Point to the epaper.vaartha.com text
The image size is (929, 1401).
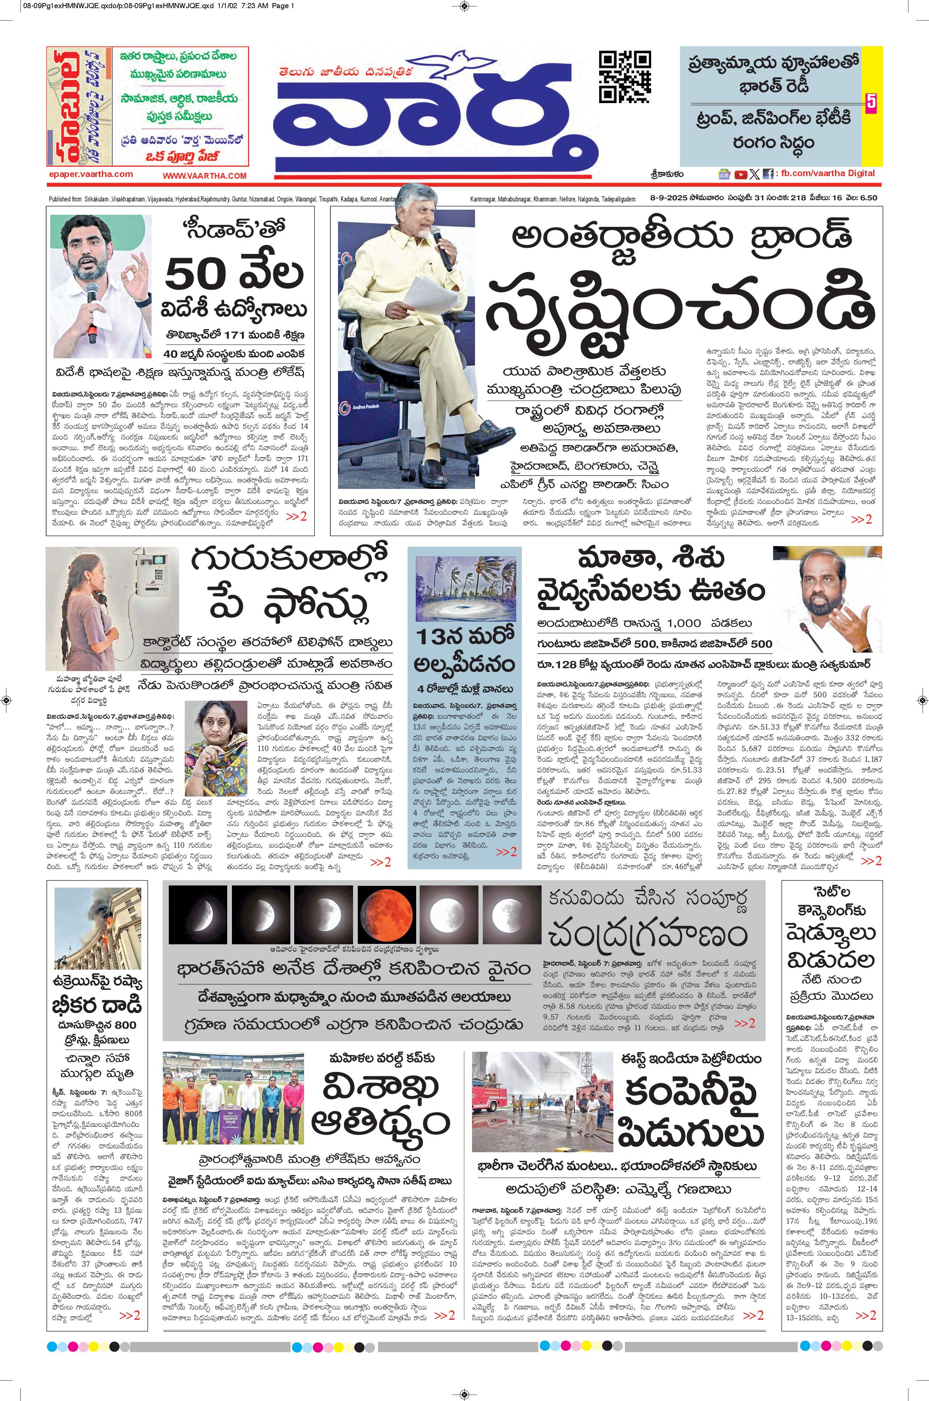coord(91,174)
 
